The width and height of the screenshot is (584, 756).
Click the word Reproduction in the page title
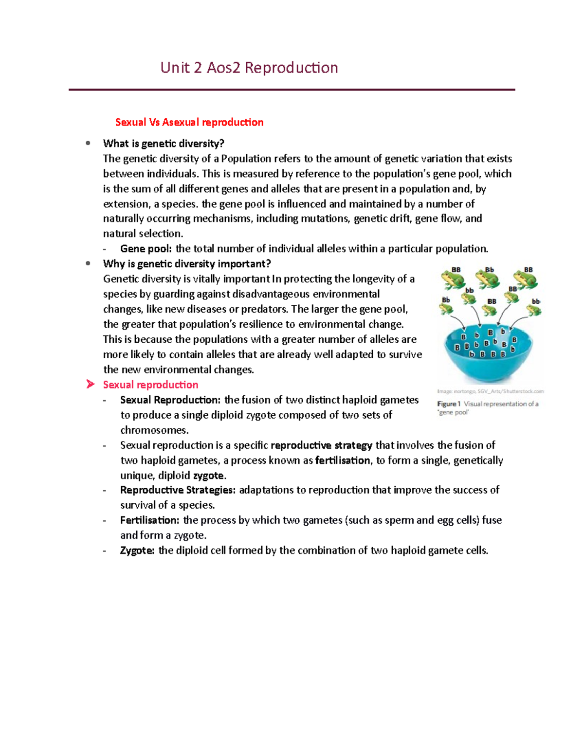click(x=291, y=67)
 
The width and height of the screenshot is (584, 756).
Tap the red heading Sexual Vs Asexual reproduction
click(x=189, y=122)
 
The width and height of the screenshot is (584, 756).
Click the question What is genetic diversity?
click(x=164, y=144)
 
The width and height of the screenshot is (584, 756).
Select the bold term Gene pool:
click(x=146, y=249)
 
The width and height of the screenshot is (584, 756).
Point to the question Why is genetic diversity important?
click(x=187, y=264)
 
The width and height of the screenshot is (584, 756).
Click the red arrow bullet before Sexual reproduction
click(x=90, y=385)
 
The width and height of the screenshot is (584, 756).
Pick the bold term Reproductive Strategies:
click(x=178, y=490)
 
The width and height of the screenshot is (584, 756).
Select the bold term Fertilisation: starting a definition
click(x=150, y=520)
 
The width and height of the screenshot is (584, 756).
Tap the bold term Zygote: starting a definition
click(x=138, y=550)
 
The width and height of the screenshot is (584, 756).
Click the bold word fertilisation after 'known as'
click(x=343, y=460)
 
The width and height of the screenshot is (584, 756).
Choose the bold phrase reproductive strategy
click(x=321, y=445)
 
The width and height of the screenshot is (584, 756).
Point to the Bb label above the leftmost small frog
click(x=445, y=300)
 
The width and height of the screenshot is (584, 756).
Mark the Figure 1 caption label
click(x=446, y=404)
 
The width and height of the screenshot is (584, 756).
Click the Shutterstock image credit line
click(x=490, y=391)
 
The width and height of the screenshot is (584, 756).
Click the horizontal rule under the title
click(x=292, y=90)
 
